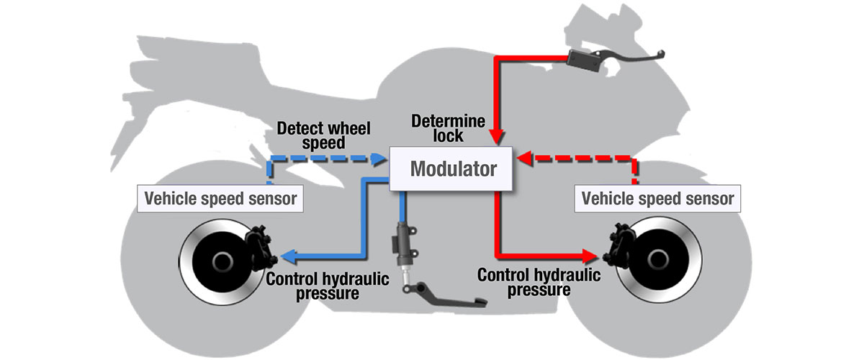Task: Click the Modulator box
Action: click(452, 169)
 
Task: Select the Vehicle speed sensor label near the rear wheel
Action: click(220, 198)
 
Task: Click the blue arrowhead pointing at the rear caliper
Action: click(290, 255)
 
